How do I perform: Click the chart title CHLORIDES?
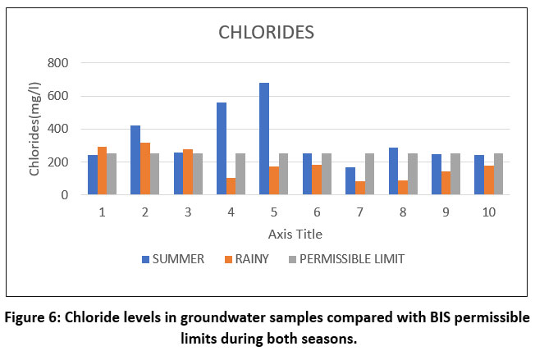coord(267,34)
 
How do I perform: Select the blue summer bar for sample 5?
coord(264,139)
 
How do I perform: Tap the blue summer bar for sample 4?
coord(222,148)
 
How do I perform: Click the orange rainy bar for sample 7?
coord(360,188)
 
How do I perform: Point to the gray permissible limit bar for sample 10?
coord(498,174)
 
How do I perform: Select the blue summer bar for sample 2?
coord(135,160)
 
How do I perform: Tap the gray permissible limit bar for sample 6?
coord(327,174)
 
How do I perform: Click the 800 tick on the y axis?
coord(57,63)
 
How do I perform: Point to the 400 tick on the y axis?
coord(57,130)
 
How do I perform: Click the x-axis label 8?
coord(403,212)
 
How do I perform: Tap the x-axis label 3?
coord(188,212)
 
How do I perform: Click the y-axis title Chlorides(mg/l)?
coord(35,130)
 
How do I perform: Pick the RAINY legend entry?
coord(251,259)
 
